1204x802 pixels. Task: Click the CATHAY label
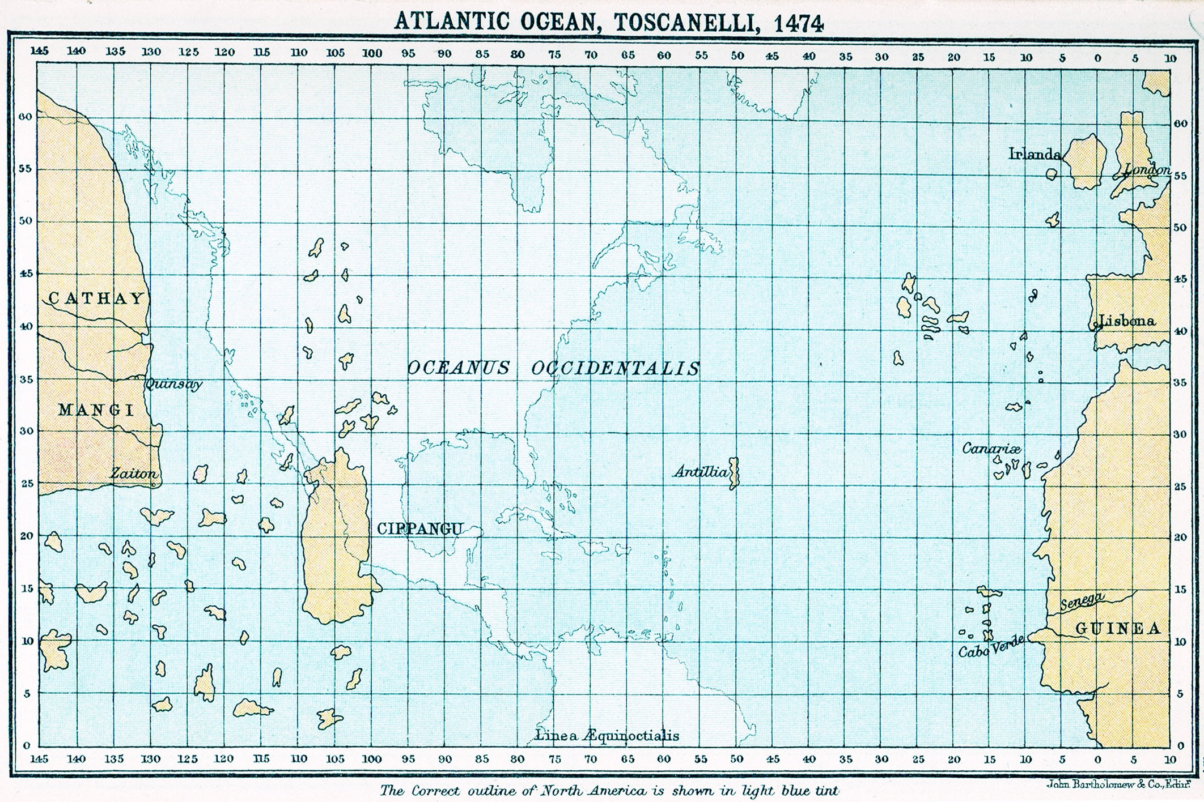click(x=96, y=298)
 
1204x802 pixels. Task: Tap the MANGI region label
click(x=96, y=410)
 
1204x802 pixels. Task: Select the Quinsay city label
click(x=173, y=384)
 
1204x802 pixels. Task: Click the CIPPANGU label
click(x=419, y=529)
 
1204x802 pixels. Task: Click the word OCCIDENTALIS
click(x=616, y=369)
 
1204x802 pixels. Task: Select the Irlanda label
click(x=1034, y=154)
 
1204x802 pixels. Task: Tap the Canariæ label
click(x=991, y=449)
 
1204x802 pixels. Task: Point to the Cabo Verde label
click(x=991, y=647)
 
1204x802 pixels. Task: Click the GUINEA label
click(x=1117, y=628)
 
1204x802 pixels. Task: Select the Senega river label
click(x=1082, y=600)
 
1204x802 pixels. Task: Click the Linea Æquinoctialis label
click(x=607, y=736)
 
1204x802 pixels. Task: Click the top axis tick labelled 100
click(x=372, y=53)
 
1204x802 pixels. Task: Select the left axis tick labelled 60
click(x=26, y=117)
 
